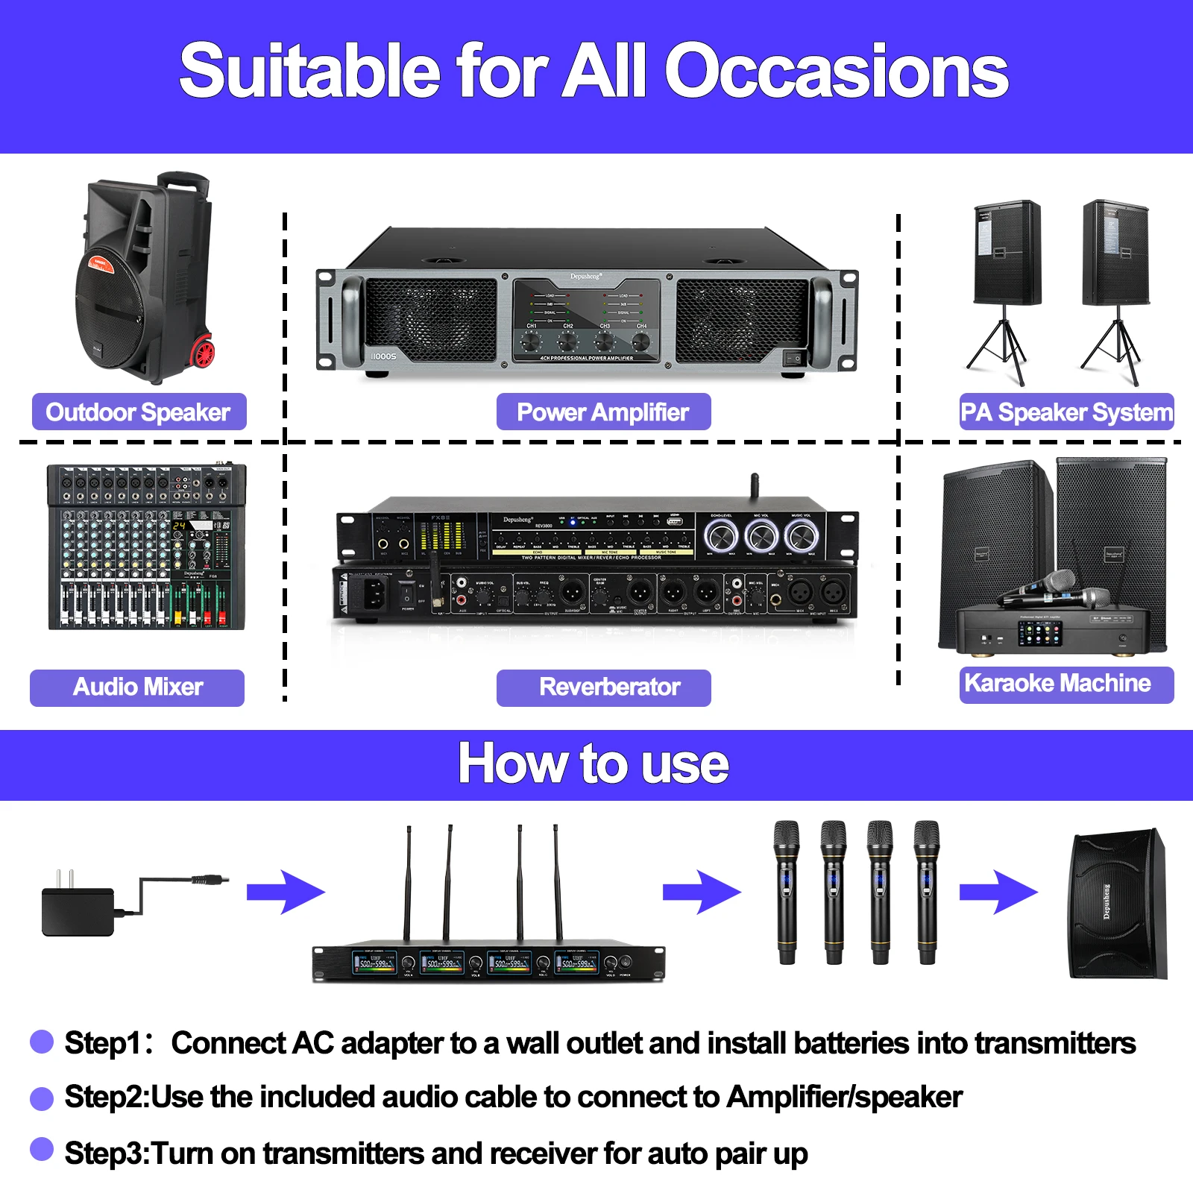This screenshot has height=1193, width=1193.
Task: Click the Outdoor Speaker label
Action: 139,412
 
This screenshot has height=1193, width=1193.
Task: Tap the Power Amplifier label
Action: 603,412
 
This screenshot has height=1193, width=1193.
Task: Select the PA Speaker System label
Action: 1066,412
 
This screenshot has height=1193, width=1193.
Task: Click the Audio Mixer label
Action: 137,687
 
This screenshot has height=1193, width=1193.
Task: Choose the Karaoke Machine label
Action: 1066,684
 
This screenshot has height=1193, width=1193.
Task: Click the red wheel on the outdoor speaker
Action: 202,352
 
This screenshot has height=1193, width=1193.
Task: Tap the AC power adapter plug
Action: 78,910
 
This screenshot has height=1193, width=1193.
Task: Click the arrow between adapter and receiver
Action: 286,892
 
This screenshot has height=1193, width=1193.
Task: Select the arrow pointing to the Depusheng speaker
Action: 998,892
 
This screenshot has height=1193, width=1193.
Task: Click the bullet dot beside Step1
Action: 42,1042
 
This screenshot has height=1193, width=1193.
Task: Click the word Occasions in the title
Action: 836,71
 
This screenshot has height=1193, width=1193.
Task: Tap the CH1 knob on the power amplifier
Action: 531,341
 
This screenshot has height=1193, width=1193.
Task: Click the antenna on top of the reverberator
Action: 755,485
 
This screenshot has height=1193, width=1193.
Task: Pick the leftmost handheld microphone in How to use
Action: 787,892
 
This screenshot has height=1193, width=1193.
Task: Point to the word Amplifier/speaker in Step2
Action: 845,1097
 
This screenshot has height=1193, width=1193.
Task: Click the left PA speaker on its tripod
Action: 1007,254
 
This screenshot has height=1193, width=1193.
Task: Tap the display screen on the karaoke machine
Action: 1039,635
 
